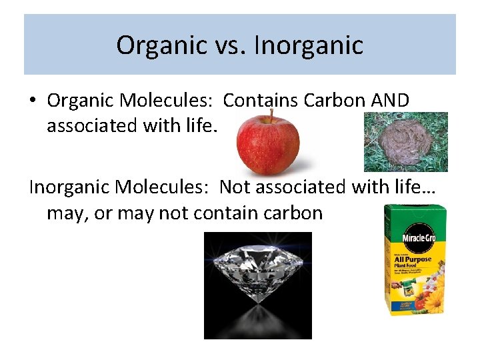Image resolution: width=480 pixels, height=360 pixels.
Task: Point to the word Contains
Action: coord(261,101)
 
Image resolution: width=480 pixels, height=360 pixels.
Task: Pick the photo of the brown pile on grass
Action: coord(405,142)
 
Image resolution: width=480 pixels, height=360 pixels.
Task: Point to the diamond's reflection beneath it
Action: coord(257,317)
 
